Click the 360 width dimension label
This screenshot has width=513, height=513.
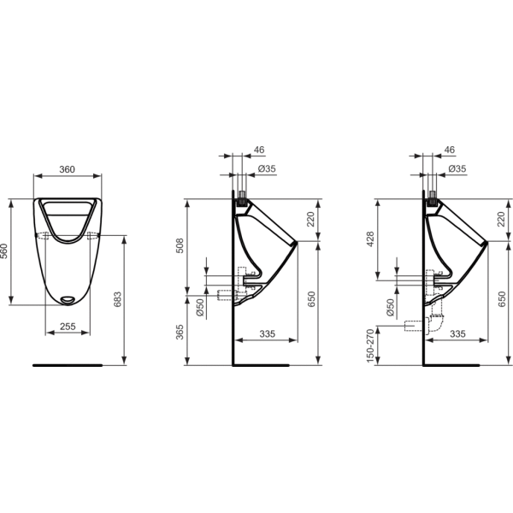coord(67,169)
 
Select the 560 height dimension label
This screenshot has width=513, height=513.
coord(4,251)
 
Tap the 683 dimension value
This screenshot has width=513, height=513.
coord(117,299)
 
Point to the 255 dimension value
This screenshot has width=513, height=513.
coord(68,327)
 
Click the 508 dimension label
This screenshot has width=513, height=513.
coord(180,245)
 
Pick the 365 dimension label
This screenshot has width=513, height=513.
coord(180,332)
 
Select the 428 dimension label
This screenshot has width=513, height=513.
coord(370,239)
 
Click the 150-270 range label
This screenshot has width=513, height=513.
coord(370,345)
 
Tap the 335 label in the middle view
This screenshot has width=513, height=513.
coord(268,334)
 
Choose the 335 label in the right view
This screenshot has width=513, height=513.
coord(457,334)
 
